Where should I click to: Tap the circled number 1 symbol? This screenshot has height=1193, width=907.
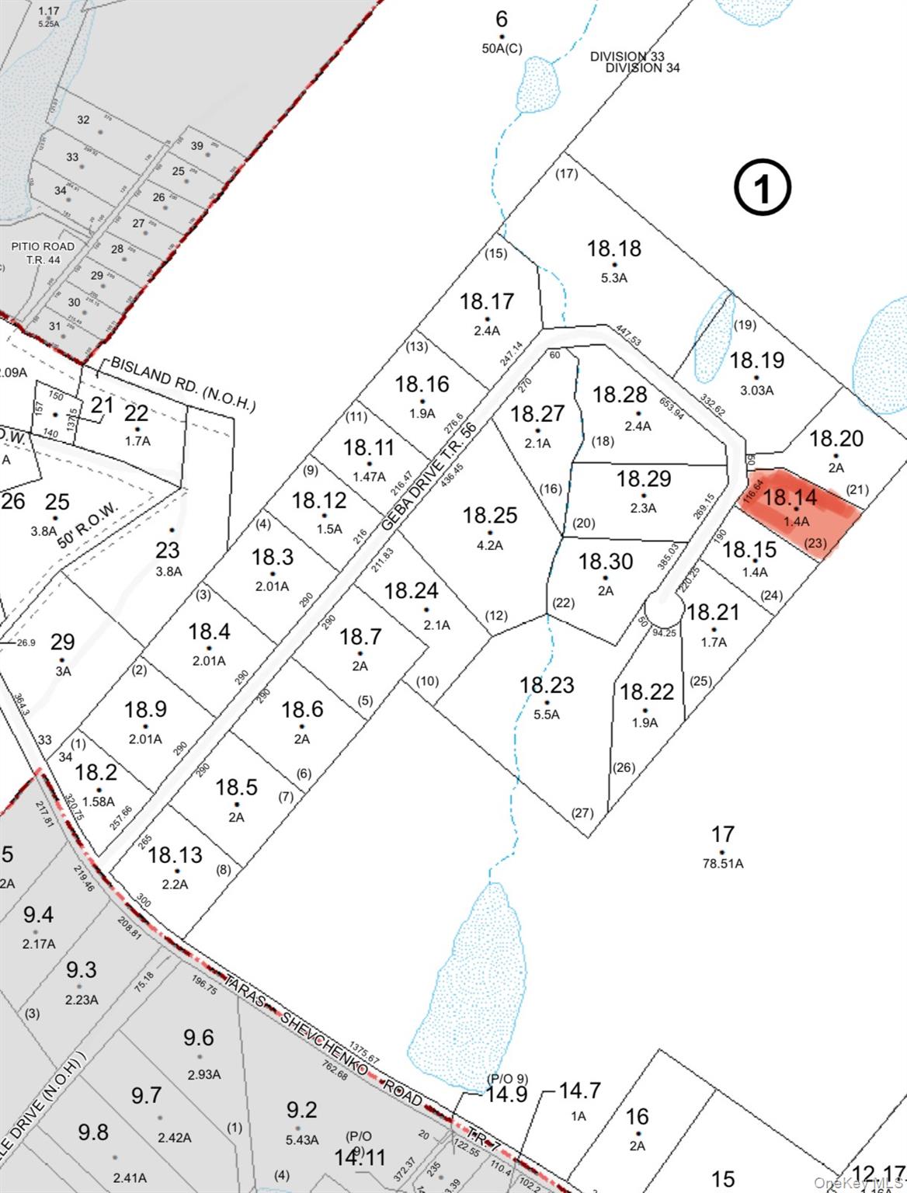763,188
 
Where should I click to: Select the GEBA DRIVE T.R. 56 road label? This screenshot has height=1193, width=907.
429,477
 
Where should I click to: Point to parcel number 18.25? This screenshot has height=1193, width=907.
489,516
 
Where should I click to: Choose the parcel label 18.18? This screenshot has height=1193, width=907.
613,249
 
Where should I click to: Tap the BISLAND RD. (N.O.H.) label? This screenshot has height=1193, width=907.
182,384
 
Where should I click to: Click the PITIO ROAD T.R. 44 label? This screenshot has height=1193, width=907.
43,252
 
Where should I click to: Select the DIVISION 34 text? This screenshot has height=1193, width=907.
642,68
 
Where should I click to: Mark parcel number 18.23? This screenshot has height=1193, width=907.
547,685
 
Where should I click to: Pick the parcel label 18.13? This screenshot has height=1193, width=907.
175,855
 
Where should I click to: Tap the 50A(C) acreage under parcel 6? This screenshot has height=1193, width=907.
502,49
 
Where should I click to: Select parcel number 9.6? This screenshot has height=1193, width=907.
199,1038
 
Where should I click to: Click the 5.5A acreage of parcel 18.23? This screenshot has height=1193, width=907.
547,715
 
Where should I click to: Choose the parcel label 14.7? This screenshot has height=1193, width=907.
579,1091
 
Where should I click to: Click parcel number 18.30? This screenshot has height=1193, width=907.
606,562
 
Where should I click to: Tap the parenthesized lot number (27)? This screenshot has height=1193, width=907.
582,813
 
